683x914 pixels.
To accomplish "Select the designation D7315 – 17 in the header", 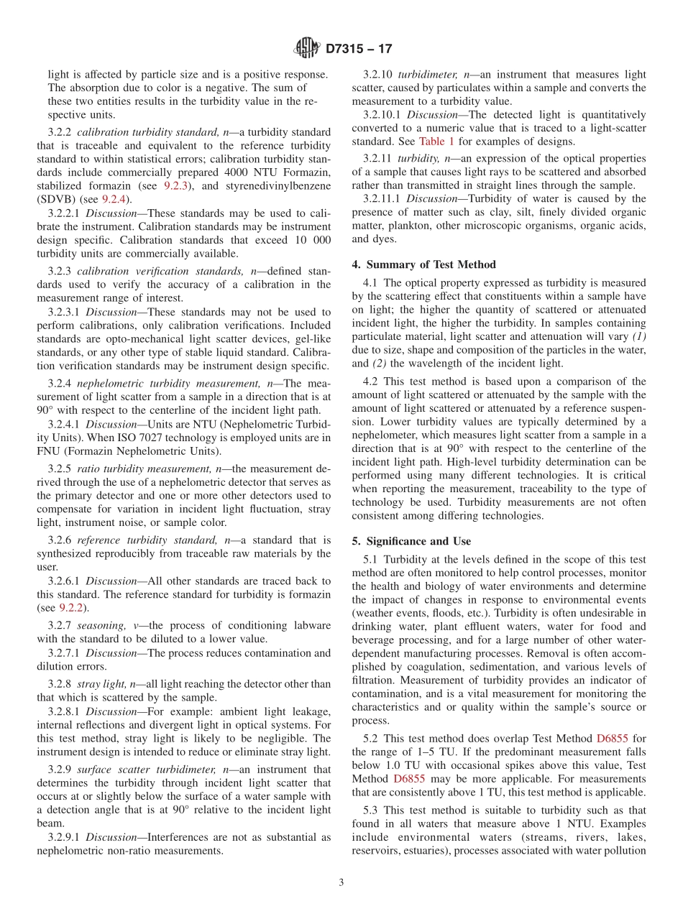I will [359, 50].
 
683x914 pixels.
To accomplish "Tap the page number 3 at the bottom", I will [341, 882].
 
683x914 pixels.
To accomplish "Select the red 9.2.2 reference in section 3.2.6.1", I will [71, 607].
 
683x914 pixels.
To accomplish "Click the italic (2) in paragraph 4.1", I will [381, 364].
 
